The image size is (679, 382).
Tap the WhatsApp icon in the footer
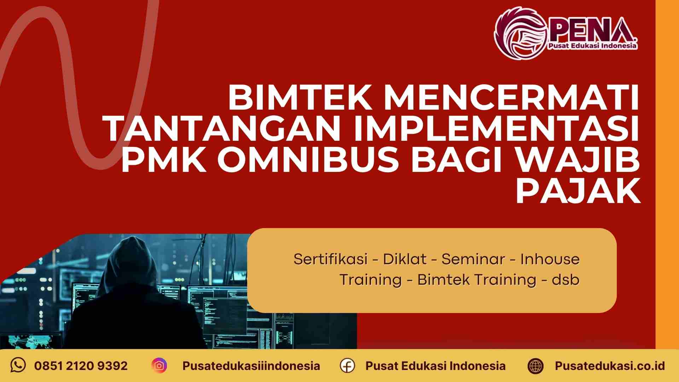coord(18,365)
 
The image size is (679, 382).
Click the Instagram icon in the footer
coord(159,365)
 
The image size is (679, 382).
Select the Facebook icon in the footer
coord(347,365)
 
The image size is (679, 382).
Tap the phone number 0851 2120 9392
coord(81,365)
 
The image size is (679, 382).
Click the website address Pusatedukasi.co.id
coord(610,365)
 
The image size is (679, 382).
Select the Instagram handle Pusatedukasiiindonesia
coord(251,365)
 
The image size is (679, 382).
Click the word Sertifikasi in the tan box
coord(330,259)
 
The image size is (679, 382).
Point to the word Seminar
coord(473,259)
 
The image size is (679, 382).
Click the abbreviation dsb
coord(565,280)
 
